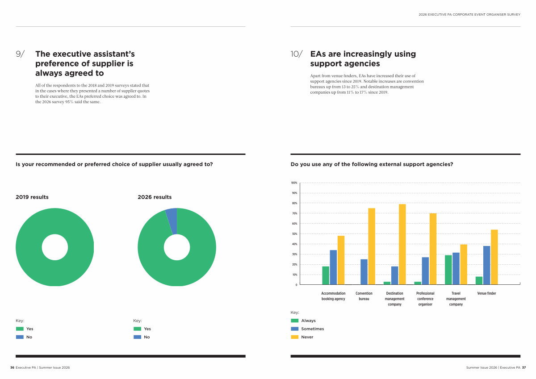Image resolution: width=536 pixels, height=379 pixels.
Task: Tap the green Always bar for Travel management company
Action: point(448,270)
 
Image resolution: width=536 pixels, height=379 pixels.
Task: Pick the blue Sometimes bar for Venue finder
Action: point(486,265)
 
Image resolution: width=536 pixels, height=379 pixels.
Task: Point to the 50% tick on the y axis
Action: point(295,234)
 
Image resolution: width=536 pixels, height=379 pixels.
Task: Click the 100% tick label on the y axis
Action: point(294,183)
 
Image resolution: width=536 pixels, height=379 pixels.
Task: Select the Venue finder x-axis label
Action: point(486,293)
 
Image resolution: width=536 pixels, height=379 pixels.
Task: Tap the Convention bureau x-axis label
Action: point(364,296)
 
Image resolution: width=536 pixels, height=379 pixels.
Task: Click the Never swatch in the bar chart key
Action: point(295,337)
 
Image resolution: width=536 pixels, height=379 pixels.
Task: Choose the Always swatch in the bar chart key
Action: point(295,321)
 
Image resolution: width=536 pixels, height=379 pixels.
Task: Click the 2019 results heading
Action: point(32,197)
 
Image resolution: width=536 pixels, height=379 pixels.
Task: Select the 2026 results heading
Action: point(155,197)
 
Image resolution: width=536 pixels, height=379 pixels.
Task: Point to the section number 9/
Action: point(21,54)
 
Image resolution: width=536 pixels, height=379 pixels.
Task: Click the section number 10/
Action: point(297,54)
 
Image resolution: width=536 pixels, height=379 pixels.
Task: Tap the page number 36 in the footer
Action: point(13,367)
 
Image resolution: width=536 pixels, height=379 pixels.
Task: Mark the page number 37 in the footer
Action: point(524,367)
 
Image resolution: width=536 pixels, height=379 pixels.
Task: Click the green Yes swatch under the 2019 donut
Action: point(20,329)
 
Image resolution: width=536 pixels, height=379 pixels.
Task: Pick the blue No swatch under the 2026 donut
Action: point(137,337)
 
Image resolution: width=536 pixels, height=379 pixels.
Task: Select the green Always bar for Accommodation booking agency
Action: point(326,275)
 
